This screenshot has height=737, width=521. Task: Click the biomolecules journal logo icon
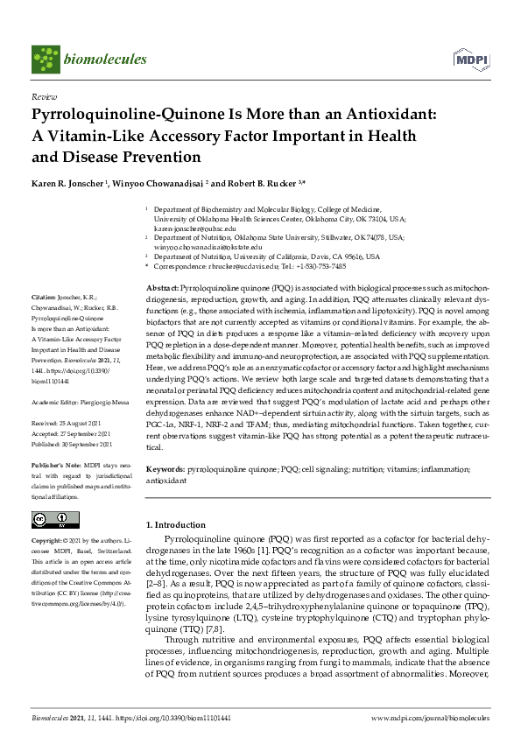(x=45, y=58)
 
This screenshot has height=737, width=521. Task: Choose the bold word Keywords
(x=165, y=470)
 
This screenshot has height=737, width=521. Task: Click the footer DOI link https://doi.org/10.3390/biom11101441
(x=176, y=718)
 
